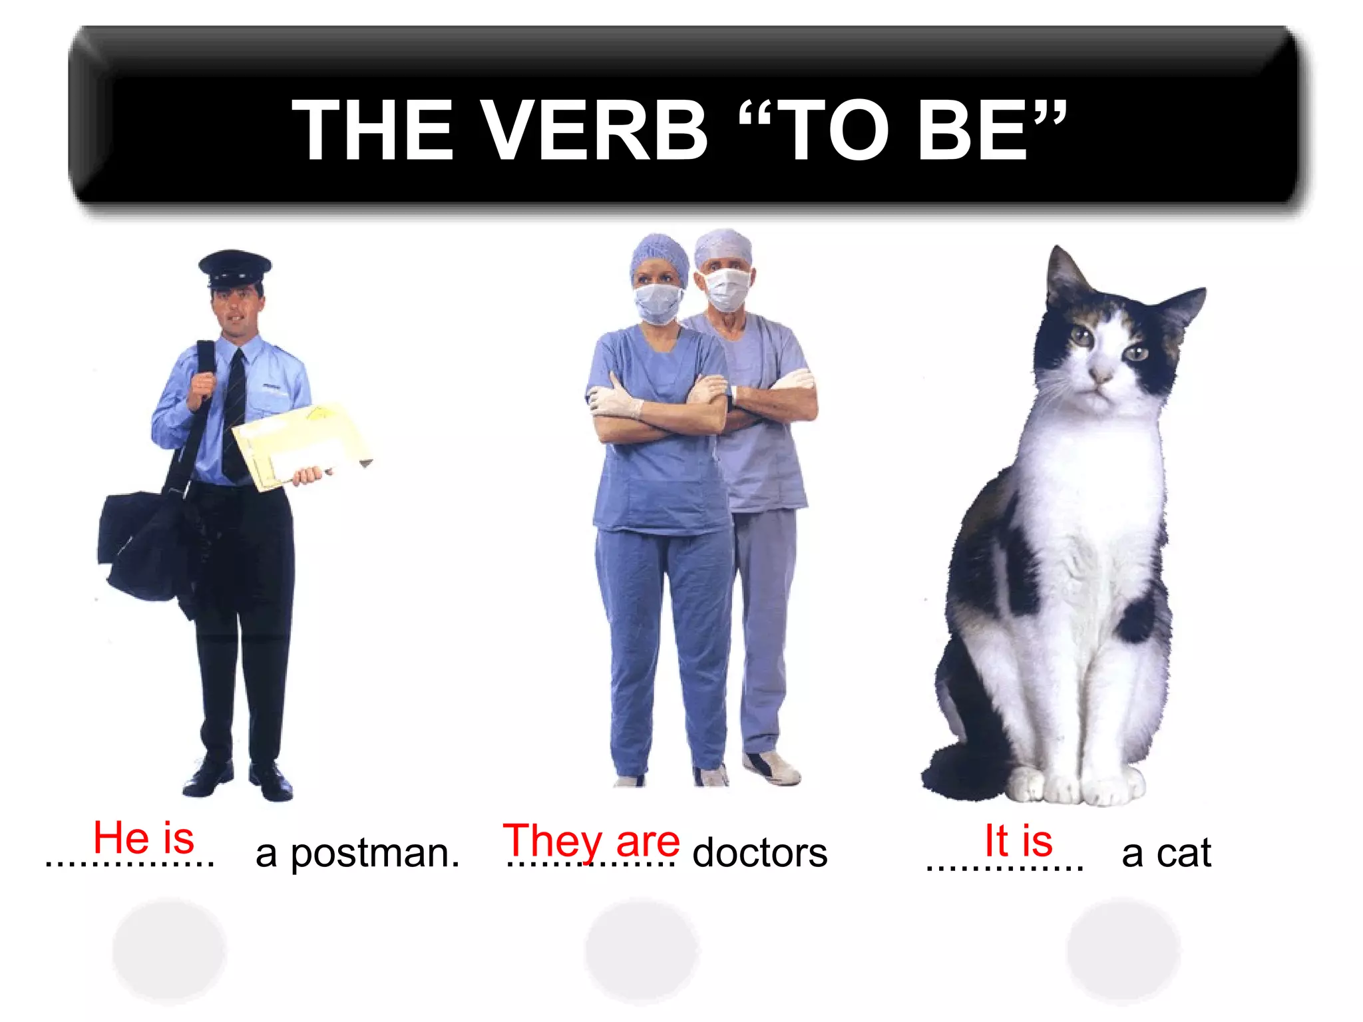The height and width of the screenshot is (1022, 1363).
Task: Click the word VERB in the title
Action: pos(592,130)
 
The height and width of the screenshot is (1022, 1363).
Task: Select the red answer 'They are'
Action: pos(591,841)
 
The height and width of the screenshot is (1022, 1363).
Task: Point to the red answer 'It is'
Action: pos(1018,840)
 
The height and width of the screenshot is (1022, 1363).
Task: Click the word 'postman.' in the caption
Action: pos(375,854)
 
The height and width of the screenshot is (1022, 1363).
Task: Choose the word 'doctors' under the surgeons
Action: pos(760,853)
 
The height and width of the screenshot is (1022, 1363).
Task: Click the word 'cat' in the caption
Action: pos(1184,852)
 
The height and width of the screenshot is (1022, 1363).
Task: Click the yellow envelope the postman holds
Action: pos(299,444)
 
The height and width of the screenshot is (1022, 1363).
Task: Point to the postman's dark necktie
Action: pos(234,413)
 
